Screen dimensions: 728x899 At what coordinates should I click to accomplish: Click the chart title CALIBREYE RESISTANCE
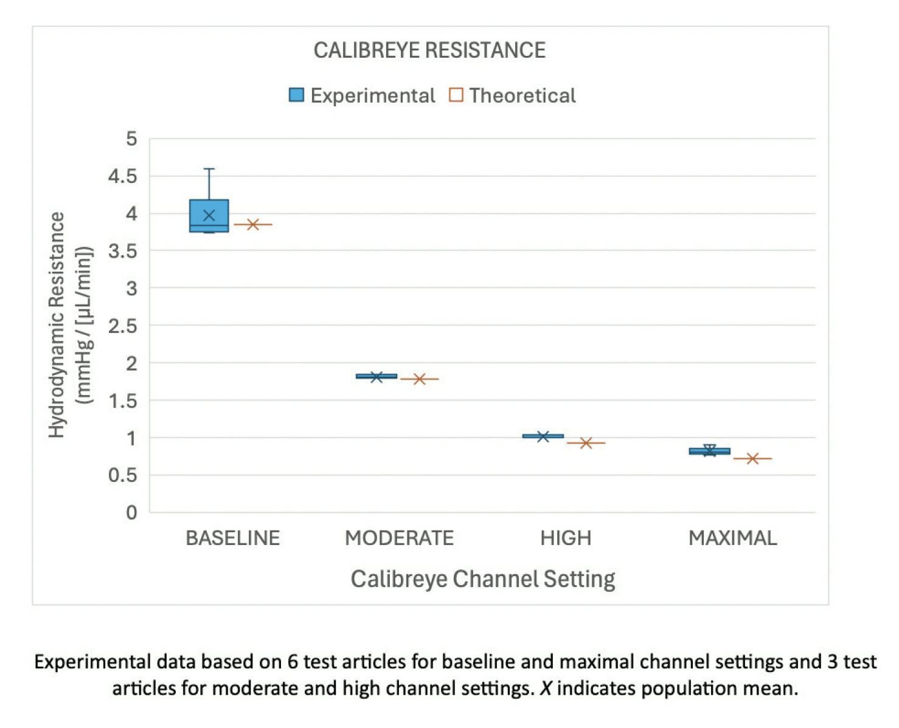click(429, 50)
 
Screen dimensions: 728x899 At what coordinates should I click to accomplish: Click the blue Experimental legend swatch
click(296, 95)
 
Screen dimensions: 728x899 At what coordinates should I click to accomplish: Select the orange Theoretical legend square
click(456, 95)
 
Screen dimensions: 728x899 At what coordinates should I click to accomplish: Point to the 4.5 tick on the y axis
click(123, 176)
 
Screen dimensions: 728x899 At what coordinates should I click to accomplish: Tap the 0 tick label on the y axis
click(131, 513)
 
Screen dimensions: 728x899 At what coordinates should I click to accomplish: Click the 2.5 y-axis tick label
click(123, 326)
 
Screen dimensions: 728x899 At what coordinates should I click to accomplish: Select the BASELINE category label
click(232, 538)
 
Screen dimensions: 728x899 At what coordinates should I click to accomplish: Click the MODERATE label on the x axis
click(399, 538)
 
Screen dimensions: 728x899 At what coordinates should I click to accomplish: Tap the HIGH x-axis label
click(566, 538)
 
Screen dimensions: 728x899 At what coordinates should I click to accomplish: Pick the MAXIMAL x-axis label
click(732, 538)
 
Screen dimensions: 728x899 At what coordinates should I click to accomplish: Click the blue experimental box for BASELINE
click(209, 216)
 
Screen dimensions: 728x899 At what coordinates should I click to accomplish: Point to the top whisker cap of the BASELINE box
click(209, 169)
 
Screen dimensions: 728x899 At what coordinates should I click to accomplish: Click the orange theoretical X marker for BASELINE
click(252, 224)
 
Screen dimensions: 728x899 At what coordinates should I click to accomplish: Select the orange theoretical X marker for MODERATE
click(419, 379)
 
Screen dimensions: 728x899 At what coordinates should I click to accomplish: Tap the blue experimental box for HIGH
click(543, 436)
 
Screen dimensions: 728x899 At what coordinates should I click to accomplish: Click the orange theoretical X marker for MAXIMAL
click(752, 458)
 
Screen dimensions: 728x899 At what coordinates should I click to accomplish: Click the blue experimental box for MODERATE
click(377, 376)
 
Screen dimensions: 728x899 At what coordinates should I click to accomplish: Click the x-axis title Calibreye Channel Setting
click(483, 579)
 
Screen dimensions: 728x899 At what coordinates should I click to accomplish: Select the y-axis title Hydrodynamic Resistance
click(57, 325)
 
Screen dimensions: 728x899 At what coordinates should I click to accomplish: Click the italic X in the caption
click(546, 689)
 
